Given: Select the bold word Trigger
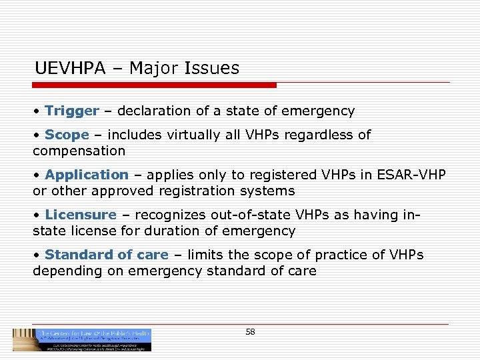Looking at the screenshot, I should tap(72, 111).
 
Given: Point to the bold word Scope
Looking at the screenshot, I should tap(67, 135).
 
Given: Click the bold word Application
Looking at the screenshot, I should tap(87, 175).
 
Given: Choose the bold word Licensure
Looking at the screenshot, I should tap(81, 215).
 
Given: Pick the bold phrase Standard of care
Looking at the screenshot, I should tap(107, 255).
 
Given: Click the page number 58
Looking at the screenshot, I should tap(250, 331).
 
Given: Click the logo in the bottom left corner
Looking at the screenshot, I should tap(82, 339).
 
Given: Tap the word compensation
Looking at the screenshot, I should tap(79, 151).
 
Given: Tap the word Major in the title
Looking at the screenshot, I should tap(151, 68).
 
